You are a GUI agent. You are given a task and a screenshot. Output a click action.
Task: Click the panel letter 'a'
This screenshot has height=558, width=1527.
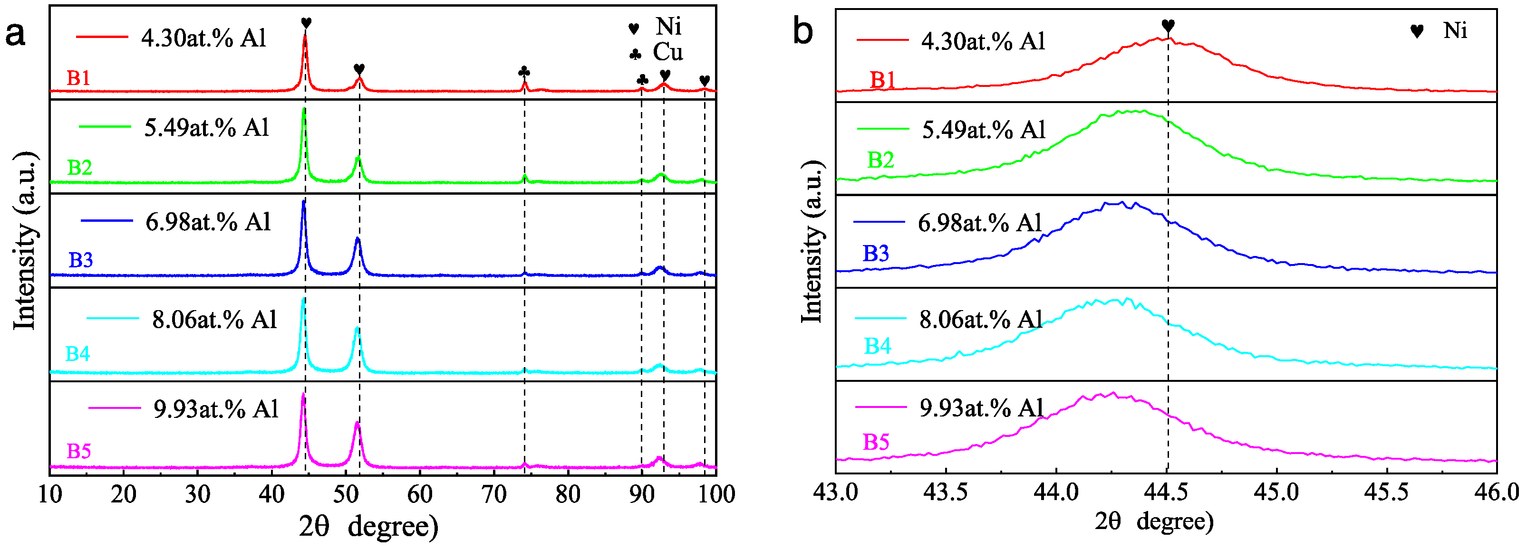(x=15, y=34)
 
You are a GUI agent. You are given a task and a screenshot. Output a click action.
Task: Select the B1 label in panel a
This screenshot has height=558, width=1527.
(x=78, y=78)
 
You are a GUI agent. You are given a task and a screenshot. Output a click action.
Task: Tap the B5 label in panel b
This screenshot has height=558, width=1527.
(x=876, y=442)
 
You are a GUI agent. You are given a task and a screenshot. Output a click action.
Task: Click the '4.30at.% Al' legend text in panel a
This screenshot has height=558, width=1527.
(x=203, y=38)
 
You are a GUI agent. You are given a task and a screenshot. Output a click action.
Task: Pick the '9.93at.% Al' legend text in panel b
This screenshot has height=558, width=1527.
(x=981, y=407)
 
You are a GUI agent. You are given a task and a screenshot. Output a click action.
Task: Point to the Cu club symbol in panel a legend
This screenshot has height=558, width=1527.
(x=635, y=55)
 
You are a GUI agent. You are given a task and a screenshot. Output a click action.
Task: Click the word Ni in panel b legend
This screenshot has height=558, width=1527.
(x=1455, y=30)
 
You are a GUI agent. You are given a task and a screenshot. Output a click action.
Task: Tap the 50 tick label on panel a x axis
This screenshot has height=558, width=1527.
(x=346, y=494)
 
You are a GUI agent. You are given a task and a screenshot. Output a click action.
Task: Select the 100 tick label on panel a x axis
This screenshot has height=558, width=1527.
(x=716, y=494)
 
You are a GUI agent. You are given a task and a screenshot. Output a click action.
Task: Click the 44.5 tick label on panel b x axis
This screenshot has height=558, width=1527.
(x=1167, y=492)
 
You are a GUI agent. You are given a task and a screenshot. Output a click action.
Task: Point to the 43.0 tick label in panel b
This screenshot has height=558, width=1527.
(x=836, y=492)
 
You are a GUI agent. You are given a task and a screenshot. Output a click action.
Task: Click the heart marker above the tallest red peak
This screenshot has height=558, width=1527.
(x=306, y=23)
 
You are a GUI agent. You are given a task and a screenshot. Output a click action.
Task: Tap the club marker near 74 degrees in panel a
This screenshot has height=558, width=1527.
(x=524, y=72)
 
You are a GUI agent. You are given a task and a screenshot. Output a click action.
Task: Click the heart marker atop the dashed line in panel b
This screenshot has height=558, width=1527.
(x=1168, y=26)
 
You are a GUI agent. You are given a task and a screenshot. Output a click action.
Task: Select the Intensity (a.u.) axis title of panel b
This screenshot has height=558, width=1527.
(x=812, y=242)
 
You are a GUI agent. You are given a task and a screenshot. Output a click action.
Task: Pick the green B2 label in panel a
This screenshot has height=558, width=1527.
(x=79, y=168)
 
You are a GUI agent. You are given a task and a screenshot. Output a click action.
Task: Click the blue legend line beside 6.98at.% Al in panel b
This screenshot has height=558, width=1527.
(x=879, y=222)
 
